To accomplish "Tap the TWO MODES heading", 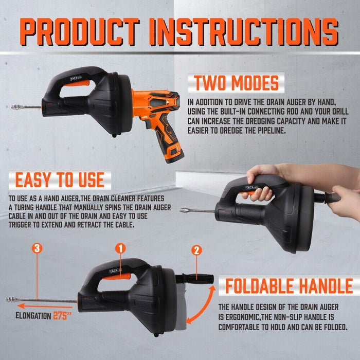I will (x=237, y=83).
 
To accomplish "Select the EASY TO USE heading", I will (x=60, y=179).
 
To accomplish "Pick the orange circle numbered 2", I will (x=196, y=251).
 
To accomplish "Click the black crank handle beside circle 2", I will (x=195, y=279).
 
